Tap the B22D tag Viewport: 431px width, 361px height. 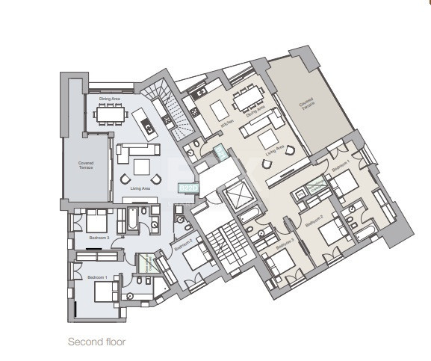click(187, 189)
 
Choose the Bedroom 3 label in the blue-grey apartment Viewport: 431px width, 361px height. click(99, 238)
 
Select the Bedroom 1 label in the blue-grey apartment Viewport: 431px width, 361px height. click(97, 277)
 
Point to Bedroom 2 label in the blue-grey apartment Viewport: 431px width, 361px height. click(184, 244)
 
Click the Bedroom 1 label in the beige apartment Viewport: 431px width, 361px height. click(340, 169)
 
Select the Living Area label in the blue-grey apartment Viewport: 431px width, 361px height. click(141, 190)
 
